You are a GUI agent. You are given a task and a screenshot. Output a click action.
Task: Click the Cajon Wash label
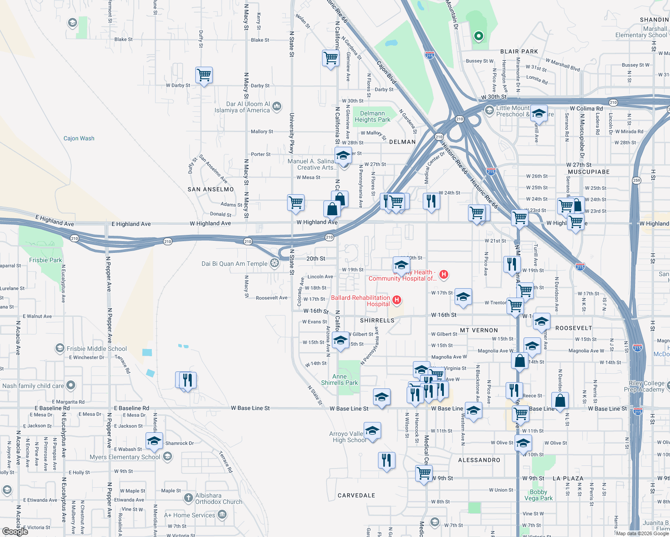[79, 138]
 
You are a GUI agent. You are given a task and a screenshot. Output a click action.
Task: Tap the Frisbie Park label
[46, 260]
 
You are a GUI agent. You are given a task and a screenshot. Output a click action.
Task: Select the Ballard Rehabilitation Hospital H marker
[396, 300]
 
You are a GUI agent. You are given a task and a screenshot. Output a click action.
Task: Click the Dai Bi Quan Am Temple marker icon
[274, 264]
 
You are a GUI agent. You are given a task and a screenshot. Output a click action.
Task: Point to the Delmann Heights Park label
[372, 116]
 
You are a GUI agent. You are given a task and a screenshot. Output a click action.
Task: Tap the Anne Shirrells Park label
[339, 379]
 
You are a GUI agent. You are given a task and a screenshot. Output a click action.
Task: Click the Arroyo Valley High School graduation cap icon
[372, 430]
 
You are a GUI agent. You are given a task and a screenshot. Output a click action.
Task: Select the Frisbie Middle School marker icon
[60, 348]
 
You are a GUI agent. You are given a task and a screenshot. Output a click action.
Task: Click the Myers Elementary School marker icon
[167, 456]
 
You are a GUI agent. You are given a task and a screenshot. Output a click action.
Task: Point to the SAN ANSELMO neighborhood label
[210, 189]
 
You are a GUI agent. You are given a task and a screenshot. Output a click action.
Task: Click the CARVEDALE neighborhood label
[356, 495]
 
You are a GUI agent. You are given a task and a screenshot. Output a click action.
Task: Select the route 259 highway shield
[636, 180]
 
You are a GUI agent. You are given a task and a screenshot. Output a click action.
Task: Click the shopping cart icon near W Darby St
[204, 75]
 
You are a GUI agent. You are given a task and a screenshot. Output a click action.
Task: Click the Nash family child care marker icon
[71, 385]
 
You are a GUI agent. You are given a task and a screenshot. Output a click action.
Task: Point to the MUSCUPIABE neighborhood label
[588, 172]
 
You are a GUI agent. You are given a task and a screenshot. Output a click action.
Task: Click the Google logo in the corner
[15, 531]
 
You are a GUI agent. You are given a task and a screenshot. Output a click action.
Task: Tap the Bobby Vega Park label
[538, 495]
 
